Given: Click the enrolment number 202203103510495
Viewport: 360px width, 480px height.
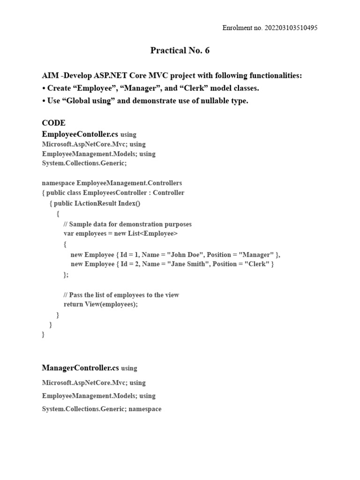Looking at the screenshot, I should tap(285, 28).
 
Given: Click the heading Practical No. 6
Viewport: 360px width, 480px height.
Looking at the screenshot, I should tap(180, 51).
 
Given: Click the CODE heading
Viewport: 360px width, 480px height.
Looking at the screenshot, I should tap(53, 123).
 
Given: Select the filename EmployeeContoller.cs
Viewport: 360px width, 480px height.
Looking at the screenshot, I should tap(80, 134).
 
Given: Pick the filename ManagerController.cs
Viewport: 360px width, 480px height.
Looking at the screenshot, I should tap(81, 368).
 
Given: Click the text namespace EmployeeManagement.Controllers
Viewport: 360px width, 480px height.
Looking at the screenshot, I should tap(112, 183).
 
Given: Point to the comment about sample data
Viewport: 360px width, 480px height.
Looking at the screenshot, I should tap(127, 224).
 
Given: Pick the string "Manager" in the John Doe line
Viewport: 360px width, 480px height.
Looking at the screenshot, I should tap(256, 255).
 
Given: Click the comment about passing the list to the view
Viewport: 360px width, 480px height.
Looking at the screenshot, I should tap(121, 295).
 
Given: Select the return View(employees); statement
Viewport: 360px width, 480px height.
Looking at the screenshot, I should tap(101, 304).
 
